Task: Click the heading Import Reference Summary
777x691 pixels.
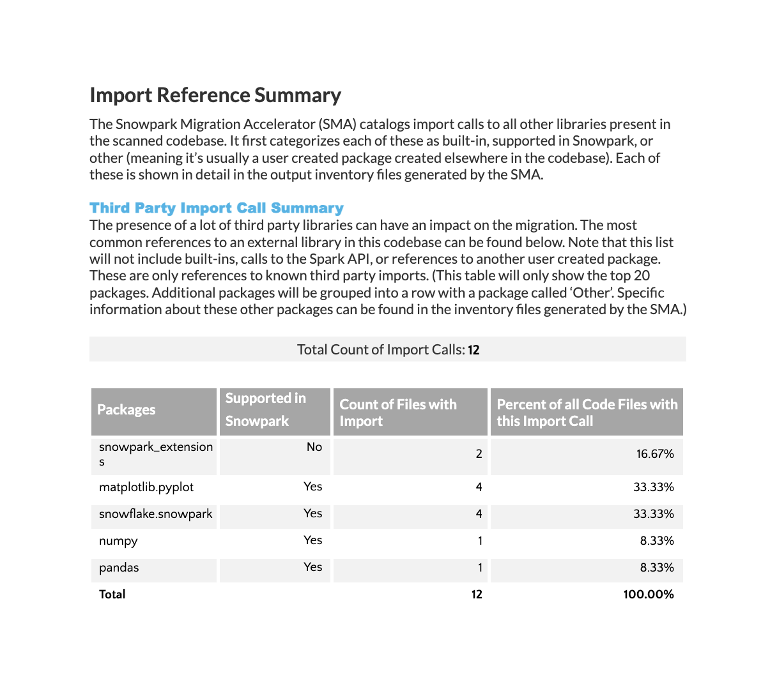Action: pos(215,95)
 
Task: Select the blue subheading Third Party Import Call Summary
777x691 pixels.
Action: pos(217,208)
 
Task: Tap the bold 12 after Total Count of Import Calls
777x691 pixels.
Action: pos(473,350)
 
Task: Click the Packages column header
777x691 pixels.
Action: pos(127,410)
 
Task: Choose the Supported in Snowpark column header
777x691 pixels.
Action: pos(266,410)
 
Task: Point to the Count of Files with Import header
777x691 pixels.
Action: pos(398,413)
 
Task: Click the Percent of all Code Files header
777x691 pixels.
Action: pos(587,413)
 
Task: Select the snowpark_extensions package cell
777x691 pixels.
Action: pos(155,454)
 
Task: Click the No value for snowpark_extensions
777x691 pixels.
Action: pos(314,447)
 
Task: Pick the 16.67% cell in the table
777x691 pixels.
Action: pos(655,454)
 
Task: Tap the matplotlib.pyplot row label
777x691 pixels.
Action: pos(146,487)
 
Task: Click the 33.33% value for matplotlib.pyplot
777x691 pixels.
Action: pos(653,487)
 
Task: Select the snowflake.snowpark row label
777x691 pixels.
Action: pos(155,514)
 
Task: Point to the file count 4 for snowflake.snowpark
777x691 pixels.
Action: pos(479,514)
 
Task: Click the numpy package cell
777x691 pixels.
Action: pos(118,541)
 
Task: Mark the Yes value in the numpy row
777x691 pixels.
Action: pos(312,540)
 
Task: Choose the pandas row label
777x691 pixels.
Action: pos(119,568)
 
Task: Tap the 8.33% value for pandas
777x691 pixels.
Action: pos(657,568)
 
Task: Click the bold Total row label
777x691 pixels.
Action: pos(112,595)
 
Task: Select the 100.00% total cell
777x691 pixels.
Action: pos(649,595)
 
